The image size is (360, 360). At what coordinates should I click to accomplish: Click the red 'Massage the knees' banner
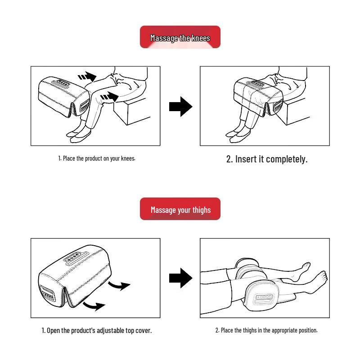180,37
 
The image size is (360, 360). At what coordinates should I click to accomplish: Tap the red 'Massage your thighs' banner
180,209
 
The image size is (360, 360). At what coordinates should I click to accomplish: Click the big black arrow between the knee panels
180,107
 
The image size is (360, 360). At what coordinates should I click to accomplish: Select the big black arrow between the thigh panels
180,278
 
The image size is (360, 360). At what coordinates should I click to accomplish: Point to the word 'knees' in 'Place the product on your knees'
128,158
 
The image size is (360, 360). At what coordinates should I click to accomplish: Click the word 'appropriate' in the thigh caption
284,330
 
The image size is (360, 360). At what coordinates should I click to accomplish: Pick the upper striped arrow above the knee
87,76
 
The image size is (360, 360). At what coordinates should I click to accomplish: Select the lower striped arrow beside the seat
109,97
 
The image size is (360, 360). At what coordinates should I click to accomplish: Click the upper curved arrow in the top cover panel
119,286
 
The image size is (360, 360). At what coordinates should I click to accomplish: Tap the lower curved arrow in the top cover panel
94,306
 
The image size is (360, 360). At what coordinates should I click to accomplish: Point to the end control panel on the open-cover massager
47,293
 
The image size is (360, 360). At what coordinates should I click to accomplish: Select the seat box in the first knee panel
131,111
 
